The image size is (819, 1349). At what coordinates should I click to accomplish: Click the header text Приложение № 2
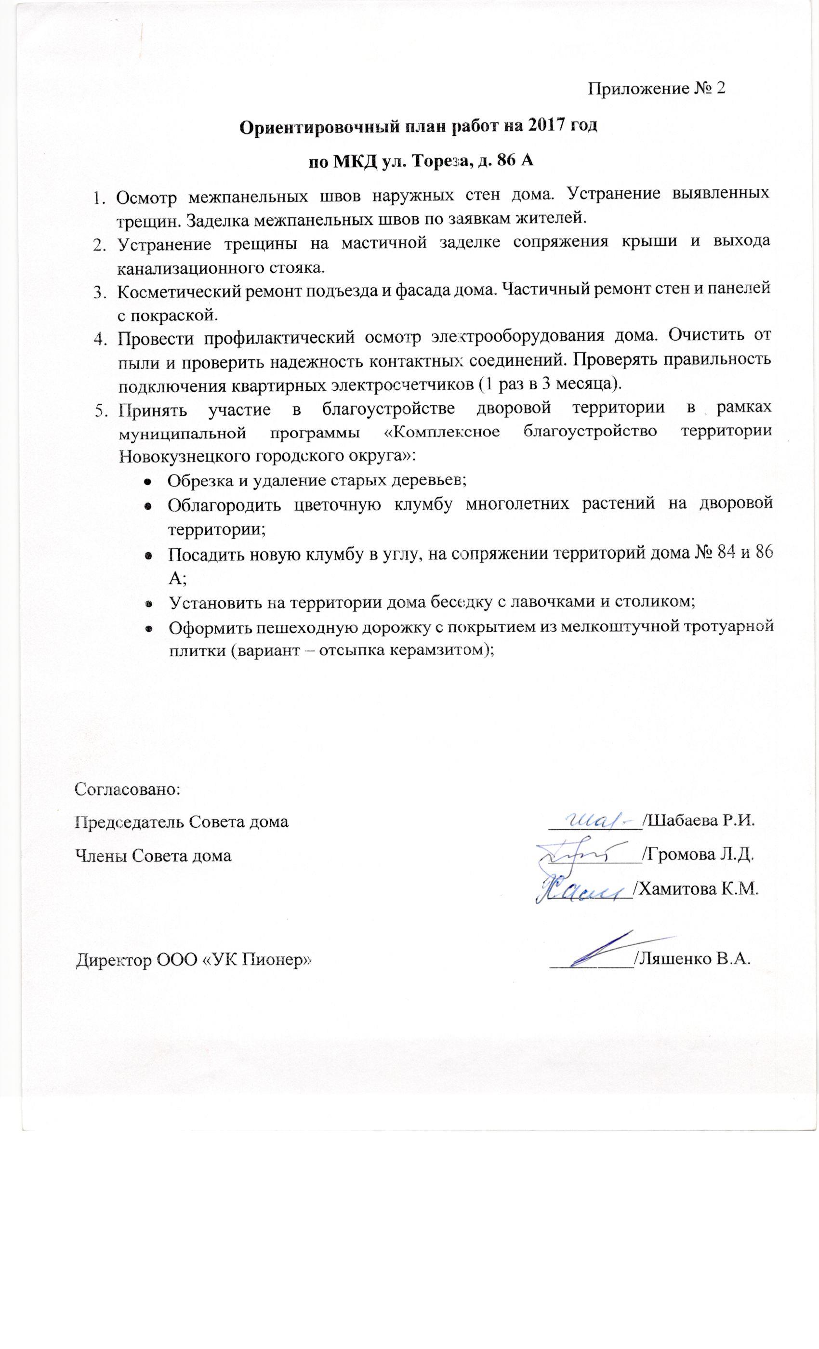[656, 88]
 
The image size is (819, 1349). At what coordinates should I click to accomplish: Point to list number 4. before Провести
[99, 338]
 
